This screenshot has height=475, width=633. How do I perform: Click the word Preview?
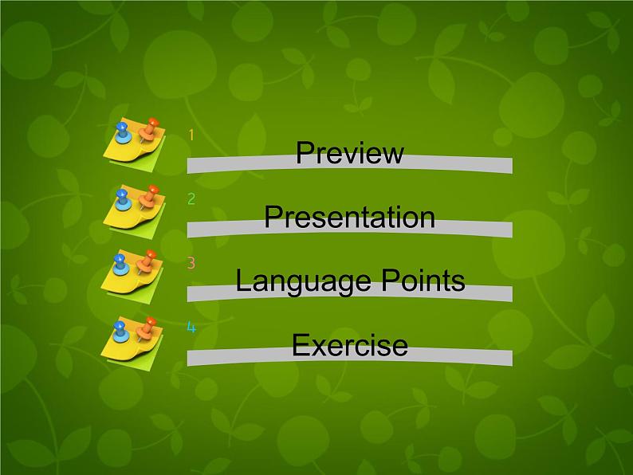[x=349, y=153]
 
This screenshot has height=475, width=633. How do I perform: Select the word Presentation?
[x=349, y=217]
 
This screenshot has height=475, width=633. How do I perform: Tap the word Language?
[x=299, y=281]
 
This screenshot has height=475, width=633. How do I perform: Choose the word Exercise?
[x=349, y=345]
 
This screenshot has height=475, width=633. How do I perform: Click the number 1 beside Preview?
[x=191, y=135]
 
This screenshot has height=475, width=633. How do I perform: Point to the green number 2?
[x=191, y=199]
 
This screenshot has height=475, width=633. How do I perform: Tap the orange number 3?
[x=191, y=263]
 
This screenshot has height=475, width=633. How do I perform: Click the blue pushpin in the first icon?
[x=122, y=131]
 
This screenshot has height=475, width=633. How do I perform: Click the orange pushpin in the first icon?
[x=148, y=128]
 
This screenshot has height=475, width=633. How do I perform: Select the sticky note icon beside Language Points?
[x=133, y=271]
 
